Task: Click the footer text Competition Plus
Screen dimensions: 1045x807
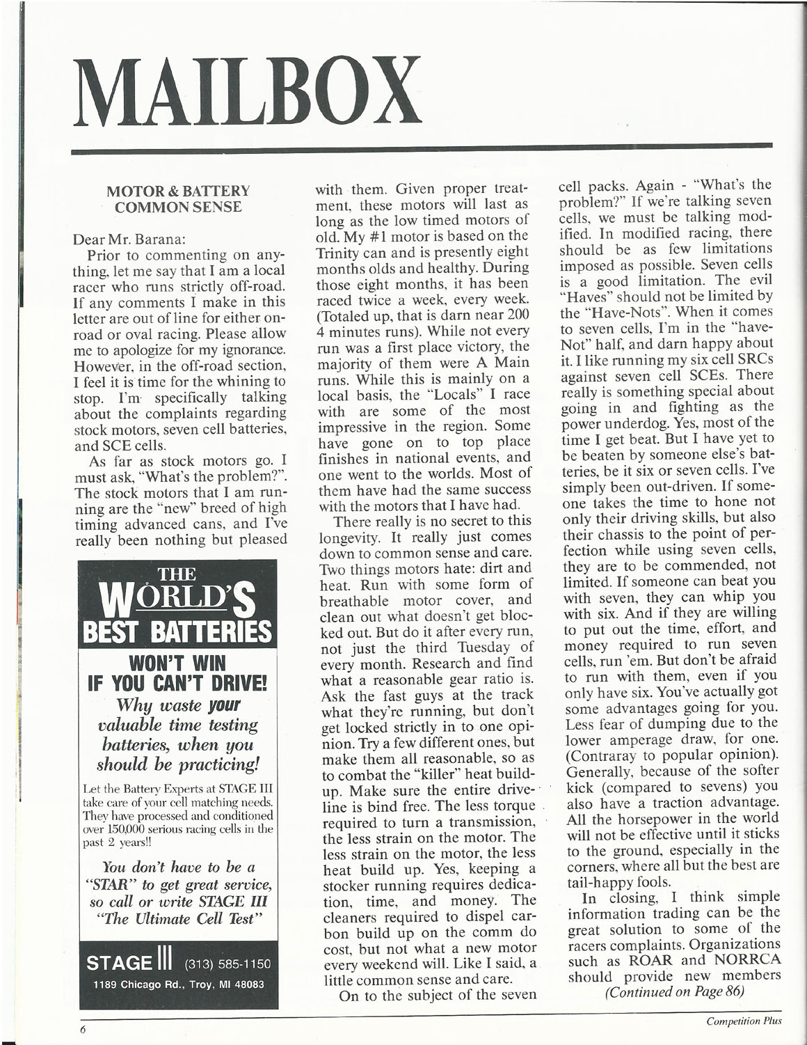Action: tap(744, 1021)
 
